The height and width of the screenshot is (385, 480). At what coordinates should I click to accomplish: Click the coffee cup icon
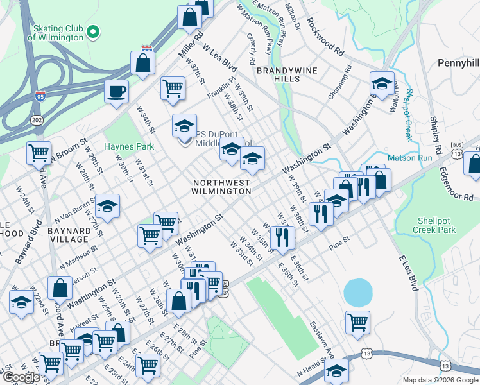coord(116,92)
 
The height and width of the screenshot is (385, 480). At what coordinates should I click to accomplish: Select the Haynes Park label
coord(129,146)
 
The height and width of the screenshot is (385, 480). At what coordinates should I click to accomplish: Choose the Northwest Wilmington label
coord(221,187)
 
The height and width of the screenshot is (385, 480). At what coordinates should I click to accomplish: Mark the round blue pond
coord(358,293)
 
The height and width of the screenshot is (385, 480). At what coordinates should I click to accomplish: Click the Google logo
coord(21,377)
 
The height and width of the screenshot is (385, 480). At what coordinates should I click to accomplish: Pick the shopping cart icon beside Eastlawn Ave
coord(357,321)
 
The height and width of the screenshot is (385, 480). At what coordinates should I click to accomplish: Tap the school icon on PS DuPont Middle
coord(184,126)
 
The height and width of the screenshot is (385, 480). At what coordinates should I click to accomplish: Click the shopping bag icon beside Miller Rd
coord(142,63)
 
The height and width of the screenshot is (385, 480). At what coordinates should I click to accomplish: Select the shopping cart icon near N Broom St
coord(39,153)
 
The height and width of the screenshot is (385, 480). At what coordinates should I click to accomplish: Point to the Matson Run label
coord(409,158)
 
